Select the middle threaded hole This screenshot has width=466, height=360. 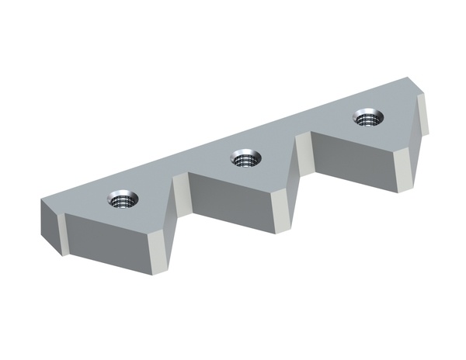[246, 159]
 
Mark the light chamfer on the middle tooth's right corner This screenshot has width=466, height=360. [283, 205]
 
